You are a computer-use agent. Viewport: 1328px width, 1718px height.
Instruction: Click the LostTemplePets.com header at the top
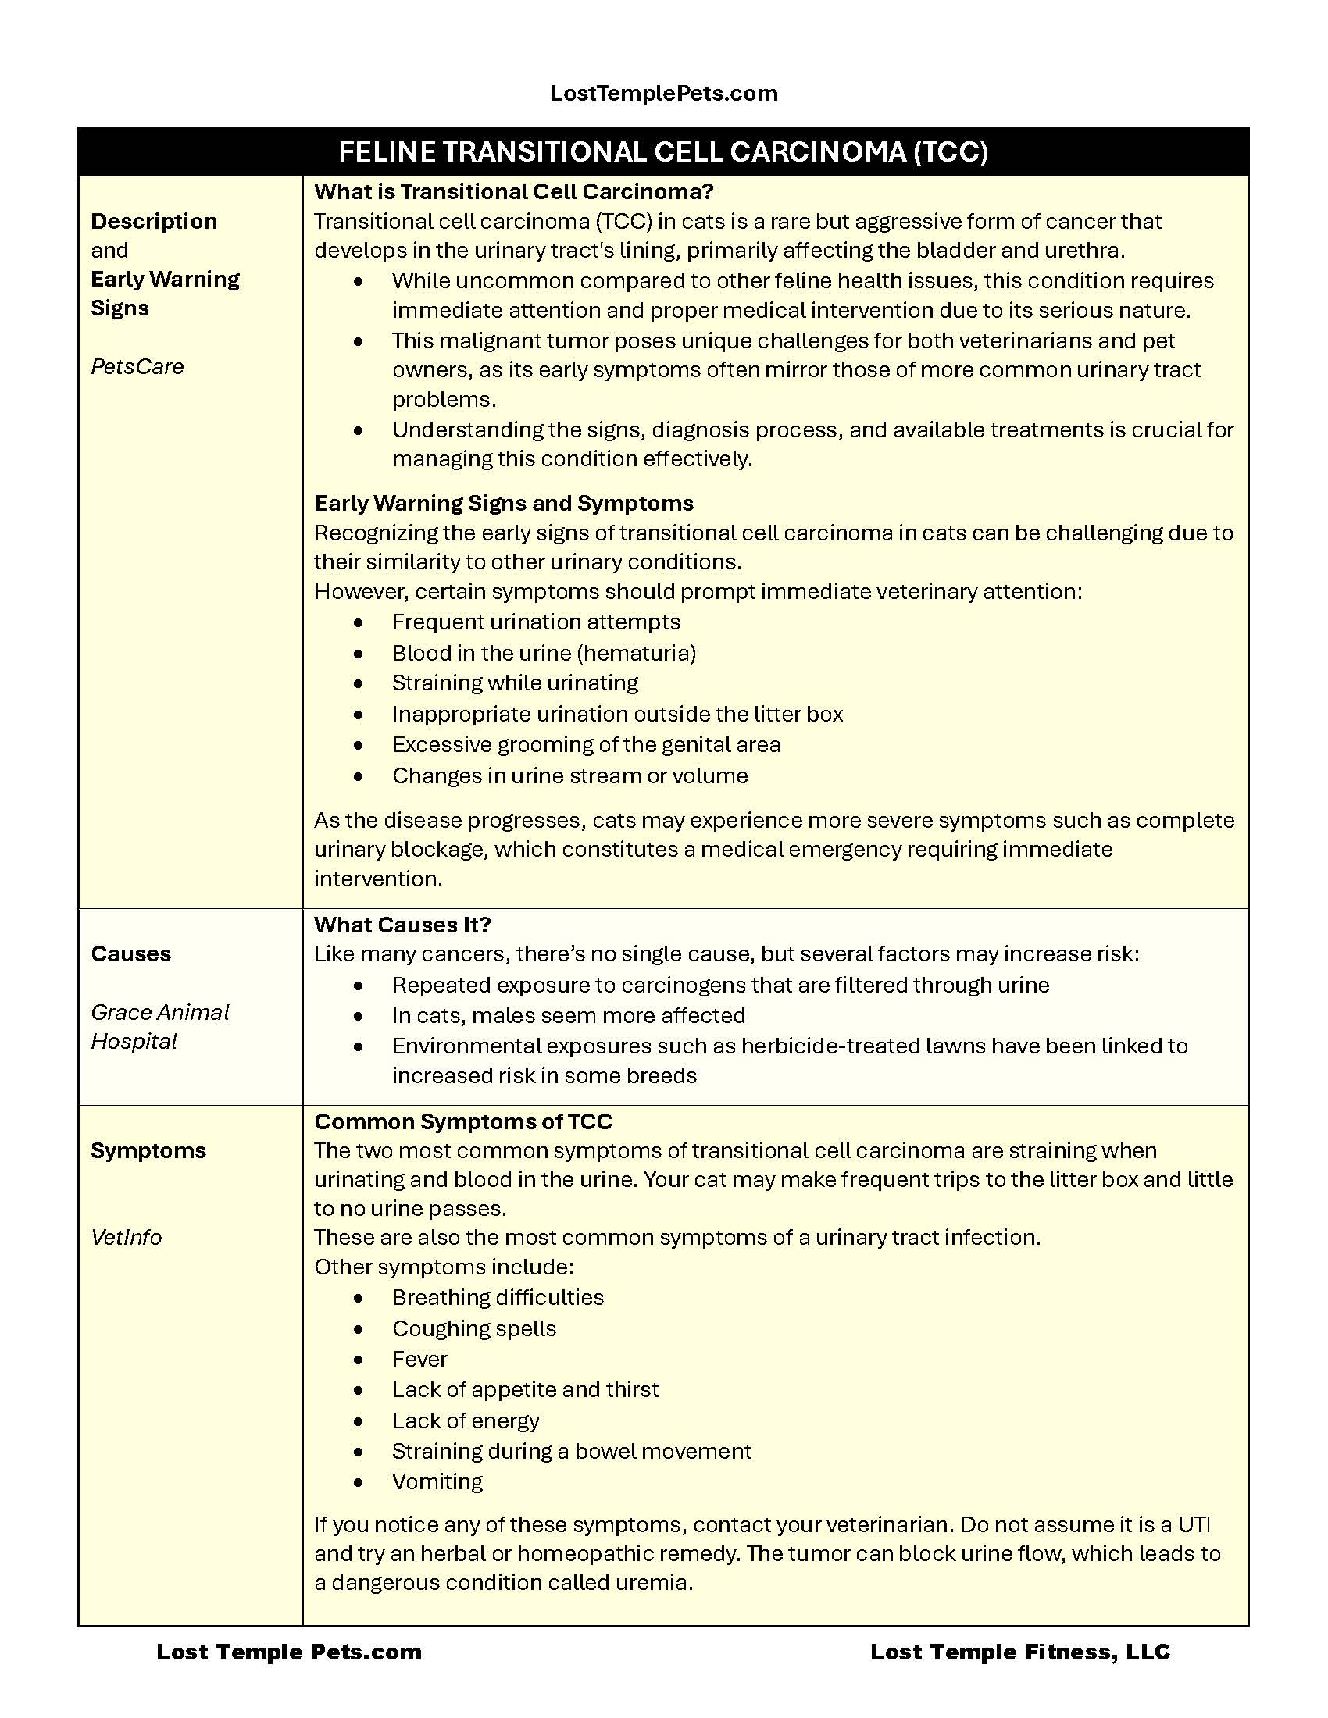coord(663,94)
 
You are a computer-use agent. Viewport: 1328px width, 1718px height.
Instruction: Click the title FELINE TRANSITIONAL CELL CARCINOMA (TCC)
coord(663,151)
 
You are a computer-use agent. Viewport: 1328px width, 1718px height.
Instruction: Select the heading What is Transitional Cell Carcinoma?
coord(513,192)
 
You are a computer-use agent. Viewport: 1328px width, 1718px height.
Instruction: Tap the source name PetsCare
coord(137,366)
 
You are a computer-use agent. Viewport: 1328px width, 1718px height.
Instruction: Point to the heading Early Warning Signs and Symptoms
coord(504,504)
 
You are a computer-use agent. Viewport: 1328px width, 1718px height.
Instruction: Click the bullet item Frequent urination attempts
coord(536,622)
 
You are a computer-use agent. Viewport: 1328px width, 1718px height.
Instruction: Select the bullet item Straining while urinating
coord(515,683)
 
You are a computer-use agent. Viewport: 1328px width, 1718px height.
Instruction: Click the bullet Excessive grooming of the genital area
coord(585,745)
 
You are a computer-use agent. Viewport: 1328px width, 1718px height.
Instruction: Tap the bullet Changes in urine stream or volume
coord(569,776)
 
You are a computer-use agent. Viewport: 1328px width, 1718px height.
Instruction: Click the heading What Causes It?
coord(402,925)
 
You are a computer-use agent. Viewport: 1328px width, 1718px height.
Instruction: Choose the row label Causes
coord(130,954)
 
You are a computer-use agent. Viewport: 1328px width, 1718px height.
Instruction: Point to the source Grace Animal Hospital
coord(159,1027)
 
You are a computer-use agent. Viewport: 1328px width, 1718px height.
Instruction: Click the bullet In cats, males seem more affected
coord(568,1015)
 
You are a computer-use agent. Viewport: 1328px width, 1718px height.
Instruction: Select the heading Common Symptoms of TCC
coord(462,1121)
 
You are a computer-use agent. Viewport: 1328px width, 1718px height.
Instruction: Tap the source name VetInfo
coord(126,1238)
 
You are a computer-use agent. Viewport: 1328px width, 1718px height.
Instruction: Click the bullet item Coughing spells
coord(473,1328)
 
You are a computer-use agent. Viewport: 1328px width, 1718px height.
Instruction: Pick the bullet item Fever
coord(419,1360)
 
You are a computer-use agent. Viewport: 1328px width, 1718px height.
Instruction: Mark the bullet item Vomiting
coord(437,1482)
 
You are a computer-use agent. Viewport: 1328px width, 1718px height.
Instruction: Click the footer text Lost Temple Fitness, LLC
coord(1019,1652)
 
